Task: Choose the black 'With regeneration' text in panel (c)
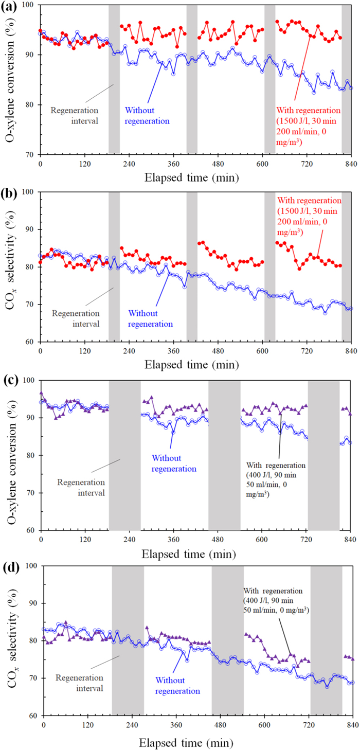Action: tap(277, 480)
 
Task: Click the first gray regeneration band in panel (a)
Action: tap(114, 77)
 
